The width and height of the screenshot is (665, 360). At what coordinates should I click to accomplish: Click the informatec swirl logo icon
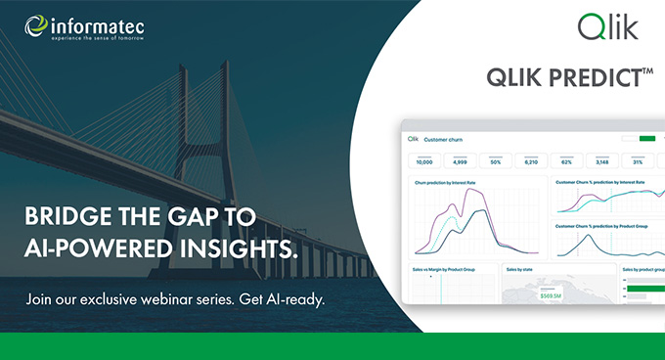point(35,25)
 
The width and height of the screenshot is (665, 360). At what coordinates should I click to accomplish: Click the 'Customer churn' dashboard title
point(444,140)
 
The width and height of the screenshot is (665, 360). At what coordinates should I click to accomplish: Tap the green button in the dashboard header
point(646,138)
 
